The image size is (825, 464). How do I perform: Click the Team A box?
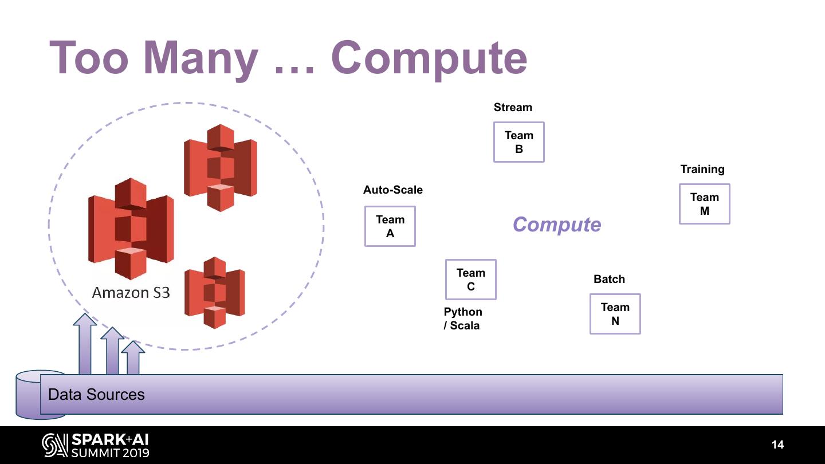(x=390, y=226)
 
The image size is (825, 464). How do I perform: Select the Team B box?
(x=519, y=142)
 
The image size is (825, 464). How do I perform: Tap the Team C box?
(x=471, y=280)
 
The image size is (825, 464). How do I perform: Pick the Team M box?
(x=705, y=204)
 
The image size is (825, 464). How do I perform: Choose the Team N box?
(x=615, y=314)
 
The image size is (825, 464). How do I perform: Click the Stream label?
(x=513, y=108)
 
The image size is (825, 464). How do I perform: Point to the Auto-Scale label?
(x=393, y=190)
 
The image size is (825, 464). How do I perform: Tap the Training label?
(x=702, y=170)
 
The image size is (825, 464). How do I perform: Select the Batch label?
(x=609, y=280)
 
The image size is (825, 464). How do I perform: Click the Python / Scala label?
(x=462, y=318)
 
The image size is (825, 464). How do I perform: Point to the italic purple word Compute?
(x=557, y=225)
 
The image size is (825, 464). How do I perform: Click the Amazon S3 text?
(x=131, y=293)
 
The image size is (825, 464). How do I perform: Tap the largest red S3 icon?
(x=131, y=228)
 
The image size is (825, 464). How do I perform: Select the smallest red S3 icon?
(x=215, y=293)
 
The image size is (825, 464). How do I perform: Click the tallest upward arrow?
(x=85, y=344)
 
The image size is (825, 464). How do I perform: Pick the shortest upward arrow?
(x=133, y=358)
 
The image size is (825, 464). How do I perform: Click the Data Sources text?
(x=96, y=395)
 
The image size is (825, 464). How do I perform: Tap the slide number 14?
(x=777, y=445)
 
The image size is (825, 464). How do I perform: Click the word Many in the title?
(x=200, y=58)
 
